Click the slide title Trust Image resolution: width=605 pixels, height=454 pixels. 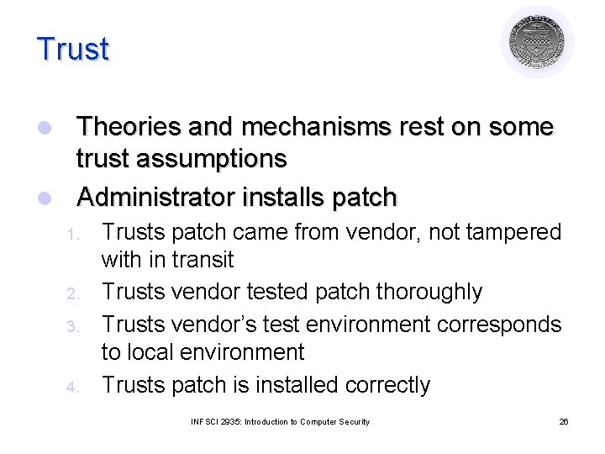73,49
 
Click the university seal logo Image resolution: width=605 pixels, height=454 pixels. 537,42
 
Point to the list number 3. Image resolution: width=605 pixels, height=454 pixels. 72,325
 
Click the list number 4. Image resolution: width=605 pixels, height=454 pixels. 72,387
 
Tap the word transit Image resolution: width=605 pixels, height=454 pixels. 202,260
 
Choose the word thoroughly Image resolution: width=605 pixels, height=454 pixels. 429,292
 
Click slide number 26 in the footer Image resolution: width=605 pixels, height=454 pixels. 563,421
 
